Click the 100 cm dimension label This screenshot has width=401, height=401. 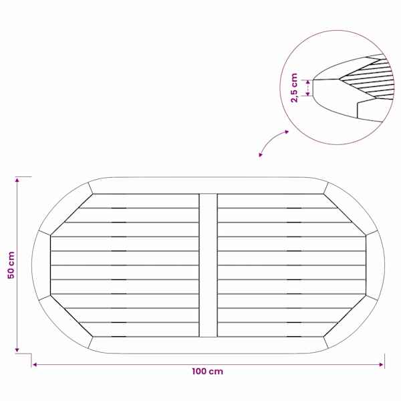click(207, 372)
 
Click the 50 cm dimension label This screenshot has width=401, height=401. click(11, 265)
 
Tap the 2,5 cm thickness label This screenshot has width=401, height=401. click(295, 88)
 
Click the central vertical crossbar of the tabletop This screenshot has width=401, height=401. click(208, 265)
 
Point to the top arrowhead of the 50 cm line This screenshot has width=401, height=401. click(17, 180)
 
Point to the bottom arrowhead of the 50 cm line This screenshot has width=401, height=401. click(17, 350)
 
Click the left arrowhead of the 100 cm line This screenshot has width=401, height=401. click(35, 365)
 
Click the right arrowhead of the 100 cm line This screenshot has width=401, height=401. click(382, 365)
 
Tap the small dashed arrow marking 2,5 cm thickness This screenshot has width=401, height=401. click(308, 88)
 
